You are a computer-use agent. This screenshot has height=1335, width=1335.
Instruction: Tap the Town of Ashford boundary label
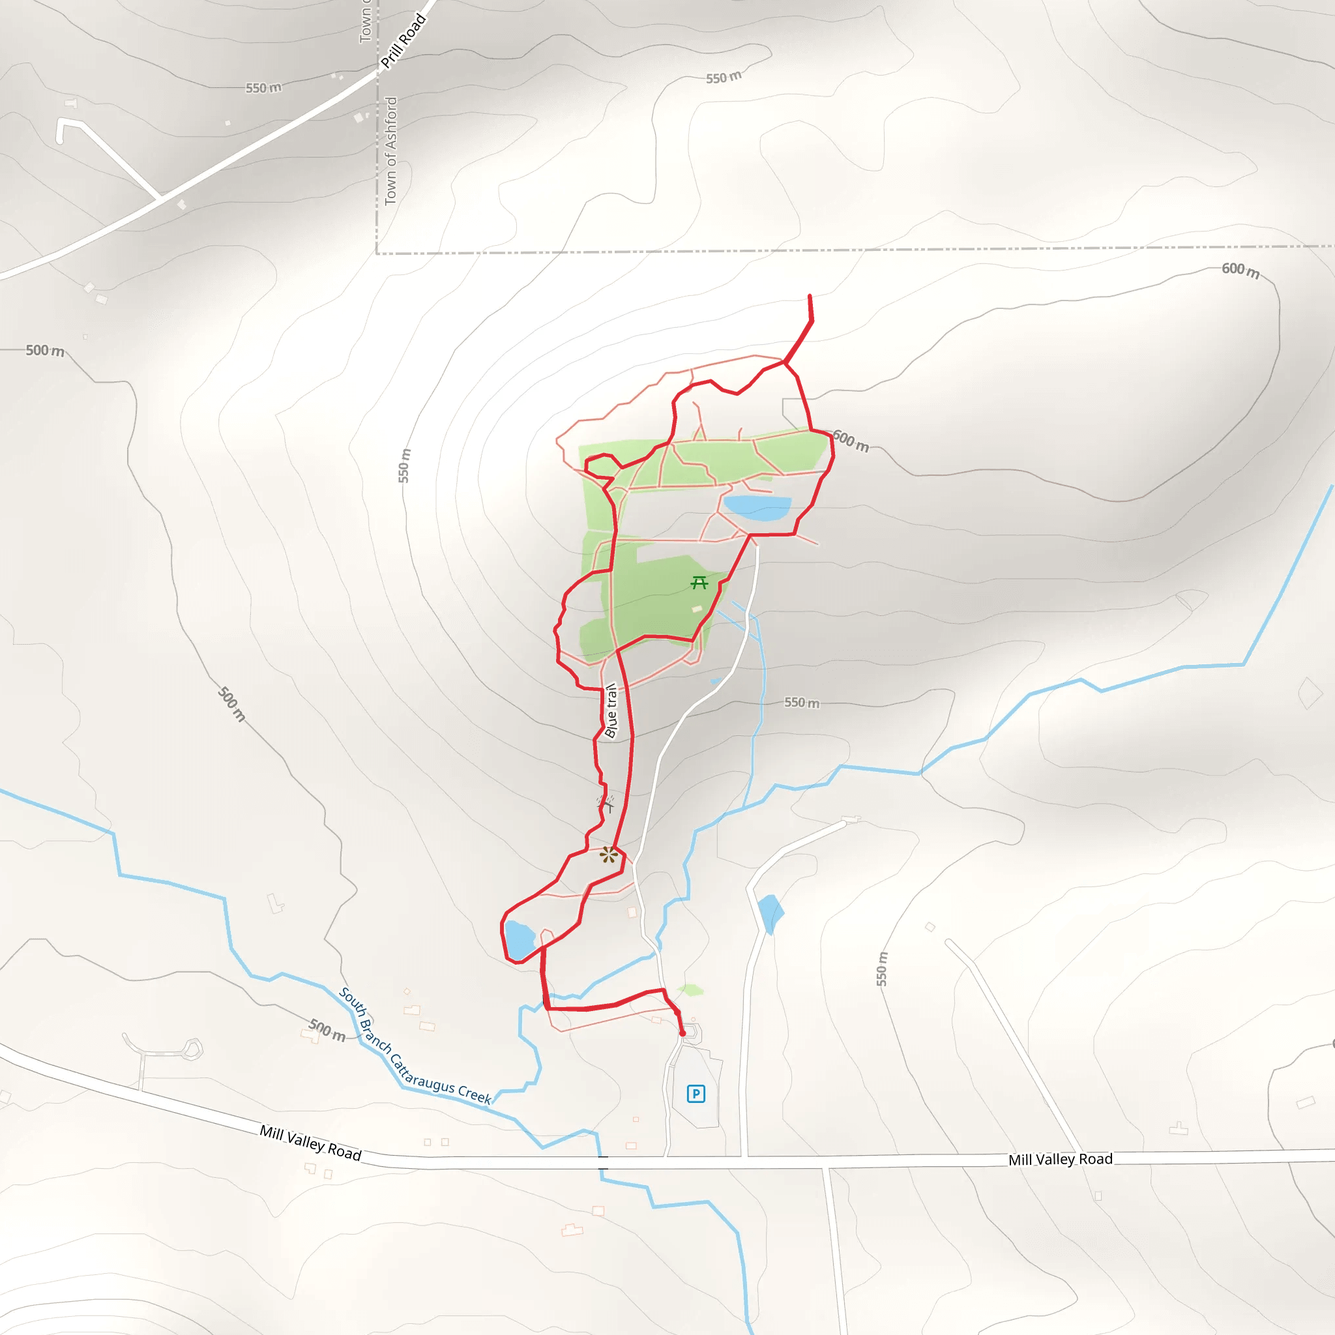(x=391, y=151)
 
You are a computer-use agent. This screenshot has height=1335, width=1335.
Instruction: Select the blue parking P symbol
(x=696, y=1094)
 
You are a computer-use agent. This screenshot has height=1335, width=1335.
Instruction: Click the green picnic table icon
(x=699, y=583)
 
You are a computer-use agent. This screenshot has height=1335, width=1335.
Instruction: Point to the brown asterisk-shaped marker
(x=608, y=855)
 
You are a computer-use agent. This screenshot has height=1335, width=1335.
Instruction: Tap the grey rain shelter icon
(x=606, y=803)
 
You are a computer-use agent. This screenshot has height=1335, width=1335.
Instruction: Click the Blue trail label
(x=611, y=711)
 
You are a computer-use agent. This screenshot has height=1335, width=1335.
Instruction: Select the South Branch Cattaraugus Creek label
(x=415, y=1046)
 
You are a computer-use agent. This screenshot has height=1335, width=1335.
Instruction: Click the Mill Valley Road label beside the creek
(x=310, y=1143)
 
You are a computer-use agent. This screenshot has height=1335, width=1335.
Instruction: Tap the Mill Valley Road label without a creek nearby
(x=1060, y=1160)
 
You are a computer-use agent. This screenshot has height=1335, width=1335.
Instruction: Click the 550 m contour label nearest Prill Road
(x=263, y=88)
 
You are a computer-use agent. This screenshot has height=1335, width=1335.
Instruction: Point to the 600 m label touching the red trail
(x=851, y=440)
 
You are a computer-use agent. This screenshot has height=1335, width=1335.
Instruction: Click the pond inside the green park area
(x=757, y=508)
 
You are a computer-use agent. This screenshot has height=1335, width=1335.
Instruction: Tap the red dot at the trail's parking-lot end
(x=682, y=1034)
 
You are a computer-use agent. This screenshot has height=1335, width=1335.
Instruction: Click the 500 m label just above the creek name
(x=327, y=1031)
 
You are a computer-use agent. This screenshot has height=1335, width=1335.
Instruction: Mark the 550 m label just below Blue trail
(x=802, y=703)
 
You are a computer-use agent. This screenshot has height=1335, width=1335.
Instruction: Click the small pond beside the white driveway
(x=770, y=912)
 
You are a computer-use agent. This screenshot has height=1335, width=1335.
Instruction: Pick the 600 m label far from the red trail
(x=1240, y=269)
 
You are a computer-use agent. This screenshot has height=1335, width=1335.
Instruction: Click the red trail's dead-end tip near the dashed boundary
(x=810, y=296)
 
